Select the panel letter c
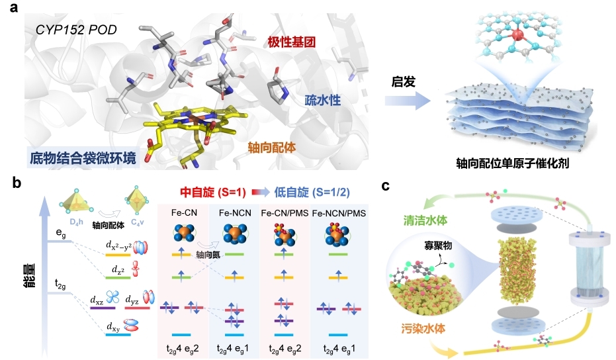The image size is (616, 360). click(386, 186)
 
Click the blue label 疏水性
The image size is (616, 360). click(323, 100)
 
